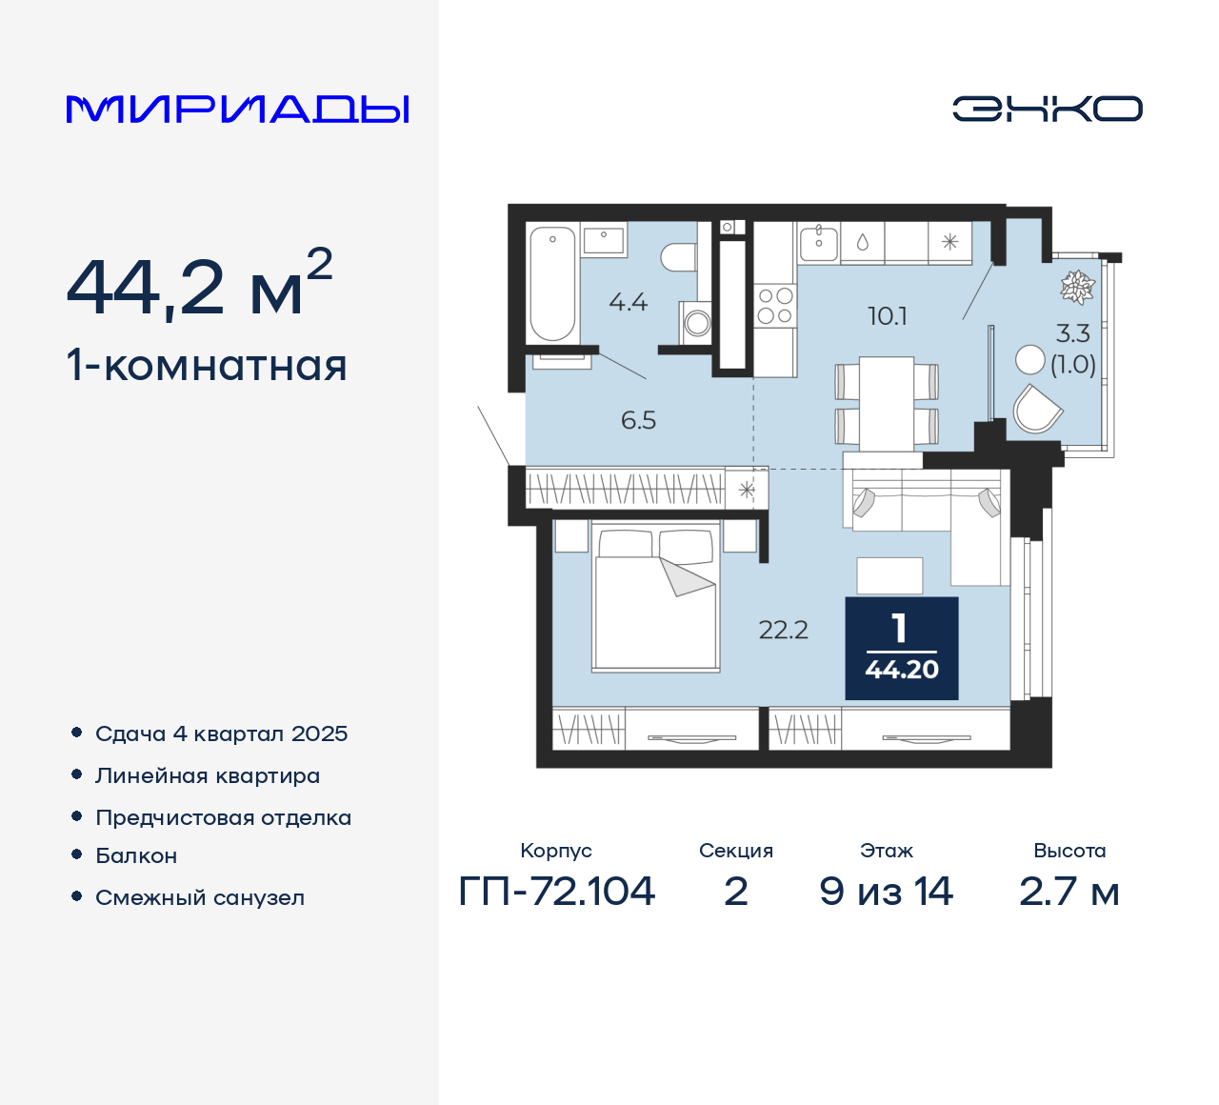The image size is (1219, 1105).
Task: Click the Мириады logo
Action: (238, 110)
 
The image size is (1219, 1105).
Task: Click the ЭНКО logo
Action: (1047, 109)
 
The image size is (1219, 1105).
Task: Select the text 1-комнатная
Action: (207, 366)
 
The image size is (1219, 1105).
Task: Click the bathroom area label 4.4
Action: (628, 303)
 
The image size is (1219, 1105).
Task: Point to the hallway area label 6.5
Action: (638, 420)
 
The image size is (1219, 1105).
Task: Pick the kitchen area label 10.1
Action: (887, 316)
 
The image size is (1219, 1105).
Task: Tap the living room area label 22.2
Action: (783, 630)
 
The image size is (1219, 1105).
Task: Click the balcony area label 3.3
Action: (1072, 333)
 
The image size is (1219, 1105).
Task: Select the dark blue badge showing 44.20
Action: (901, 649)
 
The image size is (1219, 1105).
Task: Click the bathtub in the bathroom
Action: (552, 283)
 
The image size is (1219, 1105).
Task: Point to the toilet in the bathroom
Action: (679, 257)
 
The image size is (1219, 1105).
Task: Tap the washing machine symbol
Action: (697, 322)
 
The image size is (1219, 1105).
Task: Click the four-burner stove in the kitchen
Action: (774, 306)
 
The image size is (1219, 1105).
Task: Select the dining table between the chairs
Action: (887, 404)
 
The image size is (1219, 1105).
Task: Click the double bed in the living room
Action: (655, 600)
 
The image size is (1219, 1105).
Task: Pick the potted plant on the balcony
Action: (1078, 287)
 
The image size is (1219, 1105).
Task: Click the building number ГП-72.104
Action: (556, 892)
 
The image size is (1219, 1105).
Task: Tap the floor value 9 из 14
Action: (886, 892)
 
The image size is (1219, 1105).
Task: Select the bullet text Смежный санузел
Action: (200, 897)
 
